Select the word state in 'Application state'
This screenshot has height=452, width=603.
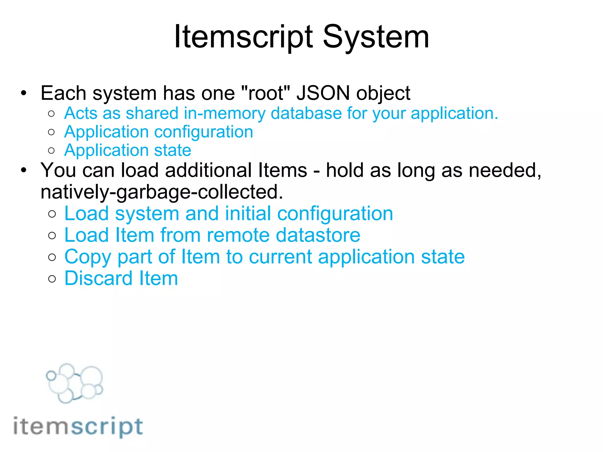(173, 150)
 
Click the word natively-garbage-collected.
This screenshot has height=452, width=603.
(162, 192)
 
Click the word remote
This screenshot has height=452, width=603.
(238, 235)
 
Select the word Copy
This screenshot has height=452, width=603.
(88, 257)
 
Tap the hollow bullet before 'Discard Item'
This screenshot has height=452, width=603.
(52, 279)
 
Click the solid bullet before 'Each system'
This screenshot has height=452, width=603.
(24, 93)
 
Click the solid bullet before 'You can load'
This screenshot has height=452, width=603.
(24, 170)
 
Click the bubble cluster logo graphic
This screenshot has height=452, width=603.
(74, 383)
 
